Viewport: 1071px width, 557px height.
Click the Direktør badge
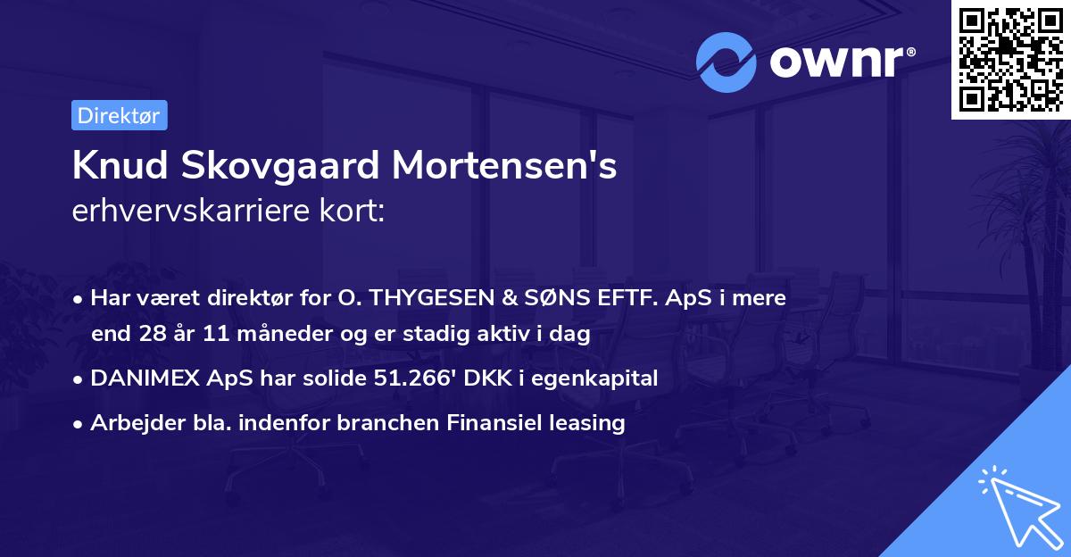pyautogui.click(x=119, y=115)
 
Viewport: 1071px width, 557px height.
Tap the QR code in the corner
pyautogui.click(x=1010, y=59)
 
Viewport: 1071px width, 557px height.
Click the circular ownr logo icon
pyautogui.click(x=726, y=62)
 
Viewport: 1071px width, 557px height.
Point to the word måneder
pyautogui.click(x=273, y=334)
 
